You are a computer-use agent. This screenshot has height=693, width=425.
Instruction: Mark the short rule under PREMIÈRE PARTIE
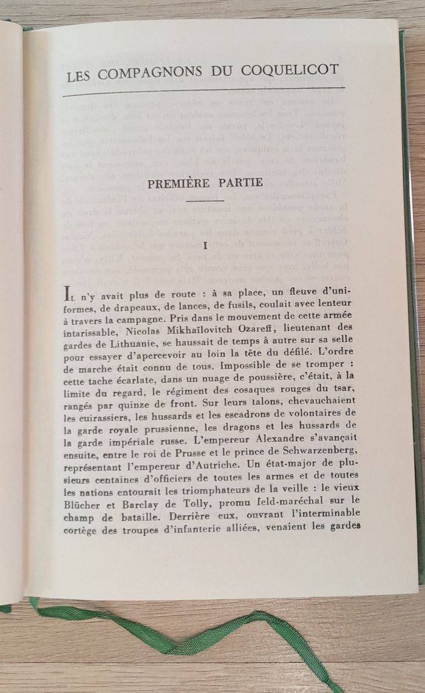point(206,200)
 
